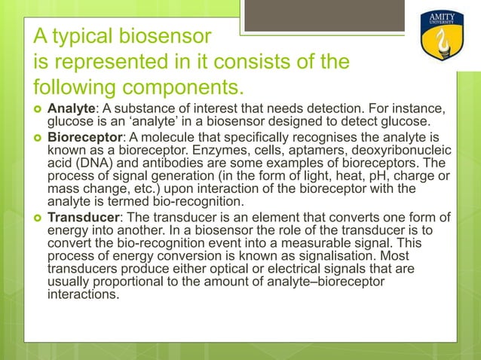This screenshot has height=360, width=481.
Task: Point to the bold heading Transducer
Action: (x=83, y=218)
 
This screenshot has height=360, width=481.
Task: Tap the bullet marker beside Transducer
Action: (x=35, y=218)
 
